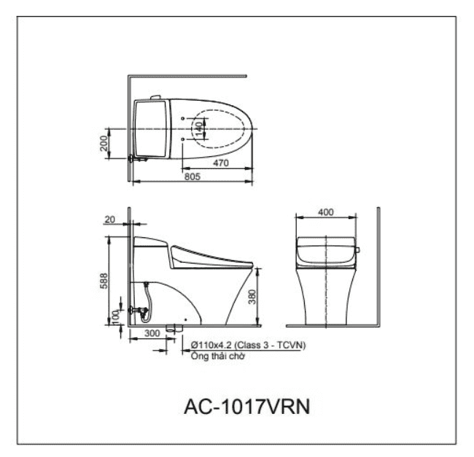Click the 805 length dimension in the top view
pyautogui.click(x=192, y=176)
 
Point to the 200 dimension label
pyautogui.click(x=106, y=144)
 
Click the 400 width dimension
pyautogui.click(x=326, y=212)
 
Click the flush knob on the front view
pyautogui.click(x=357, y=251)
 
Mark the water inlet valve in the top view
pyautogui.click(x=134, y=156)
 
